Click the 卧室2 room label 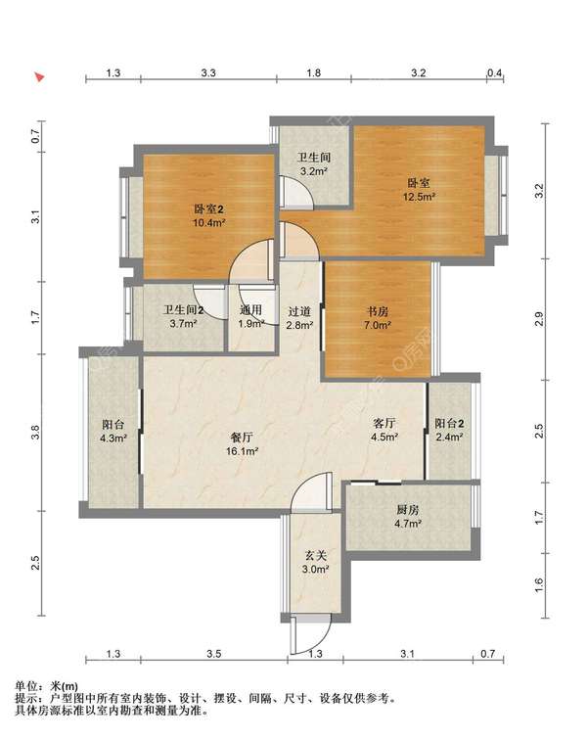(208, 208)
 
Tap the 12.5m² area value (419, 196)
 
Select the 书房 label (378, 311)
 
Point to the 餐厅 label (242, 438)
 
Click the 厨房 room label (408, 510)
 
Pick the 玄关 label (315, 556)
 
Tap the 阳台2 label (449, 423)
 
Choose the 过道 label (299, 311)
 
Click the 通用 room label (250, 310)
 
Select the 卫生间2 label (183, 310)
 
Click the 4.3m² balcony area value (113, 439)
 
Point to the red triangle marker (40, 76)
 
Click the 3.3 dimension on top (208, 72)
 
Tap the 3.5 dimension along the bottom (213, 654)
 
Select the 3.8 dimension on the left (35, 433)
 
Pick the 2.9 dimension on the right (539, 319)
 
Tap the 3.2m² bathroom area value (314, 171)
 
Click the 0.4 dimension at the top (495, 72)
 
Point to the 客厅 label (384, 423)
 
